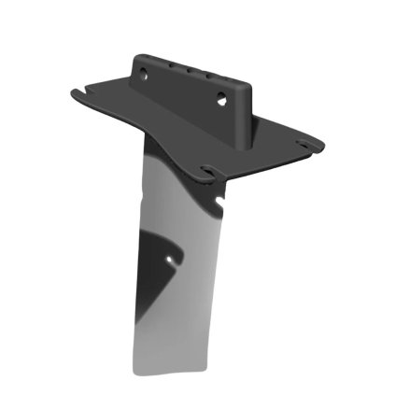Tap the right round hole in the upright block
click(x=221, y=97)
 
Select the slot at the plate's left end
click(x=86, y=91)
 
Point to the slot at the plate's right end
click(x=303, y=144)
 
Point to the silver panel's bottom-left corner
click(x=134, y=372)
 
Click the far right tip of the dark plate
click(x=323, y=145)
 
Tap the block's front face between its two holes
click(x=182, y=86)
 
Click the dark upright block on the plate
click(x=191, y=89)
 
